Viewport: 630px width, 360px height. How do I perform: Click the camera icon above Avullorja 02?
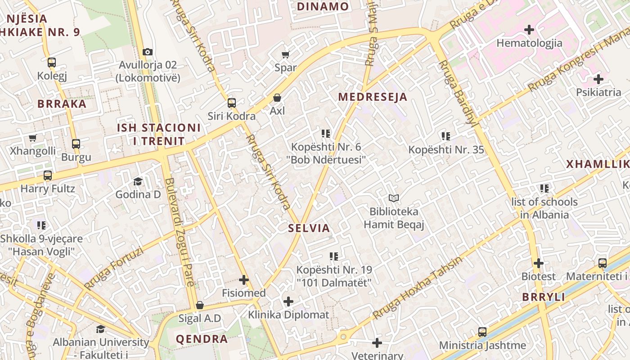click(x=147, y=52)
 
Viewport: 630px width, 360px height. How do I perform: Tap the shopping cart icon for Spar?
click(x=285, y=55)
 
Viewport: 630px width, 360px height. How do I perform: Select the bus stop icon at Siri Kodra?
click(x=231, y=103)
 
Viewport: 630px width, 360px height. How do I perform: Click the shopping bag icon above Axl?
click(x=277, y=98)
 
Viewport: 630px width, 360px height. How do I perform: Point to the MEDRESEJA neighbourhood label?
click(x=373, y=97)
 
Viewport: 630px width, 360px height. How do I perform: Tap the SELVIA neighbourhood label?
click(x=309, y=228)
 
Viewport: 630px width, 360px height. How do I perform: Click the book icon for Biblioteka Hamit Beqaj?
click(x=394, y=198)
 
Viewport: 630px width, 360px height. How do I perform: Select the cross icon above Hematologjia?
click(x=529, y=30)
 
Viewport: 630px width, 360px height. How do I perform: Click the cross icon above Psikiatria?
click(x=598, y=80)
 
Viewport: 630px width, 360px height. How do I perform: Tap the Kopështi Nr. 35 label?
click(x=446, y=150)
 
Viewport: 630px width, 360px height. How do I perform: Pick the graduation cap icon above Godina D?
click(x=138, y=181)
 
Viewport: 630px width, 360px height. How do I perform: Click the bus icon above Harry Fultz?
click(x=48, y=175)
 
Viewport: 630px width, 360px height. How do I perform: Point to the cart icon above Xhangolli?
click(x=32, y=138)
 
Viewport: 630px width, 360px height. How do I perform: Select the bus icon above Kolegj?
click(x=52, y=63)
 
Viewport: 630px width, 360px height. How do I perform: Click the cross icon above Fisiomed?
click(x=243, y=280)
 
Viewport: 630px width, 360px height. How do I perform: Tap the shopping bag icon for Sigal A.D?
click(x=200, y=306)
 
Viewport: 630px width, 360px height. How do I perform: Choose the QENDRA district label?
click(x=202, y=339)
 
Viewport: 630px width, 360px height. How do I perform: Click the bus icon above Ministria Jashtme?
click(x=482, y=332)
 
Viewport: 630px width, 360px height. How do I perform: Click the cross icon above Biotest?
click(x=538, y=263)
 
